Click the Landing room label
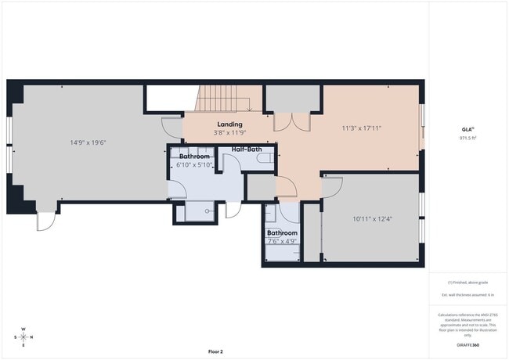click(x=230, y=124)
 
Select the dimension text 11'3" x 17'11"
click(x=361, y=128)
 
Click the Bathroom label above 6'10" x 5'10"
click(x=193, y=157)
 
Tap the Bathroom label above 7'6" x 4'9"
click(x=282, y=232)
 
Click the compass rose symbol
click(x=23, y=337)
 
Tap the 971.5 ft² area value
click(x=468, y=137)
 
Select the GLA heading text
click(x=467, y=129)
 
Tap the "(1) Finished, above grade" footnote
click(x=467, y=283)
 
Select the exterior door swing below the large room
click(x=45, y=221)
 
